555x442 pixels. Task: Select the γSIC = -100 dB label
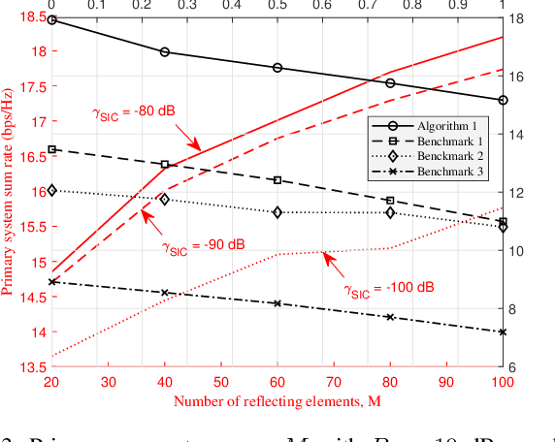(x=387, y=287)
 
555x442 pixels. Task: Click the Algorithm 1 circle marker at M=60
(x=277, y=68)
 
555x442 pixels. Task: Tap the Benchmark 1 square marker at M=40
(x=165, y=165)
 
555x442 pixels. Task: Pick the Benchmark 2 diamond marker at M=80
(x=390, y=212)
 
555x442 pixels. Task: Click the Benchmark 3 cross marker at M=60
(x=277, y=303)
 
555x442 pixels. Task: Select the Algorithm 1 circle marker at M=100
(x=503, y=100)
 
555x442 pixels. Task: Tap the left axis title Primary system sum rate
(x=10, y=193)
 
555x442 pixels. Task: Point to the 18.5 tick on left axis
(x=31, y=17)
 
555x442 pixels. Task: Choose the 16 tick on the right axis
(x=517, y=77)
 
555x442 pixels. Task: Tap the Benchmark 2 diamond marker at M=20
(x=52, y=191)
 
